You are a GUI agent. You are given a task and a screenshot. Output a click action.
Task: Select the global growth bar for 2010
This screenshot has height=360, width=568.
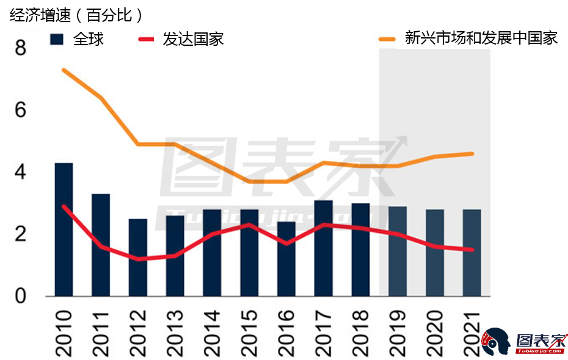(x=64, y=229)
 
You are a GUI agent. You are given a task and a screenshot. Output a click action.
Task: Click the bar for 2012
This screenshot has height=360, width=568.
(x=138, y=257)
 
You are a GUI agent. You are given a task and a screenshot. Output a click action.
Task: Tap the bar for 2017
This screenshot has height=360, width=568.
(x=323, y=248)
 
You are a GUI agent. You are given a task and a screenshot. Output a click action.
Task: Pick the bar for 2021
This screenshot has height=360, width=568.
(x=472, y=252)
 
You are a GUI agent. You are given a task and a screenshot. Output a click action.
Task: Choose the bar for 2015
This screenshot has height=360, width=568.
(x=249, y=252)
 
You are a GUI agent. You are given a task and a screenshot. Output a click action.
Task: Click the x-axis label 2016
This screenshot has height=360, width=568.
(x=286, y=332)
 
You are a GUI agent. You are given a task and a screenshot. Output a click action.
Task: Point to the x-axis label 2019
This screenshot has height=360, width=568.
(x=397, y=332)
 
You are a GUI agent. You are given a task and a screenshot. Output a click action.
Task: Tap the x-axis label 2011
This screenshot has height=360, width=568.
(x=101, y=332)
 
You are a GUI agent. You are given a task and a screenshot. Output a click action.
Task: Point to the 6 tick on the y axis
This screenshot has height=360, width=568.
(x=20, y=111)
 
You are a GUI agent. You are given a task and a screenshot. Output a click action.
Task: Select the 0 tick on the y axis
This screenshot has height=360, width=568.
(x=20, y=296)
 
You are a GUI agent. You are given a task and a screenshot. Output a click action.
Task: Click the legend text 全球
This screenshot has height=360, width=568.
(x=89, y=39)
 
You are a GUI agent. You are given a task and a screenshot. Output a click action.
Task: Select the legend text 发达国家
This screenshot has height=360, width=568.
(x=193, y=39)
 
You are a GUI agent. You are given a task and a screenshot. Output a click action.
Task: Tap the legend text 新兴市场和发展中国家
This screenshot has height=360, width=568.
(x=481, y=38)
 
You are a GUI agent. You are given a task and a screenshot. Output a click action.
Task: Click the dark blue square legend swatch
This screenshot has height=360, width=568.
(x=57, y=39)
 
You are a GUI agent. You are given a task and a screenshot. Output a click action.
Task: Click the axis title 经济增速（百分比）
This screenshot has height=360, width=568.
(x=76, y=15)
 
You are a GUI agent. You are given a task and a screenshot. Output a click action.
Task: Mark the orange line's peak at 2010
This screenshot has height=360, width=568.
(x=64, y=70)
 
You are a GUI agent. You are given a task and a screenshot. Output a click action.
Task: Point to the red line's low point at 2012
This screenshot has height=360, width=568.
(x=138, y=259)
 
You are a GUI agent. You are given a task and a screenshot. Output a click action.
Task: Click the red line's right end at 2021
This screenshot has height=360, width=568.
(x=472, y=249)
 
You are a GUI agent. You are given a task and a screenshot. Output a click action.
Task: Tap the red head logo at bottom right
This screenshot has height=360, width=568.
(x=495, y=343)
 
